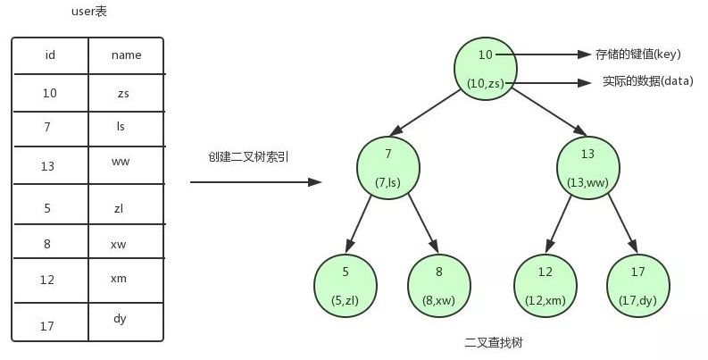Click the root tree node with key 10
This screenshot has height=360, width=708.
click(x=486, y=69)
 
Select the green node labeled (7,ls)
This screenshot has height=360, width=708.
click(x=388, y=168)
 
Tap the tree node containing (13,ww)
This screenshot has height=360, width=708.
click(x=588, y=168)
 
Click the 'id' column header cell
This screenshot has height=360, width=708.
click(x=50, y=55)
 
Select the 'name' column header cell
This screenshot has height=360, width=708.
click(x=126, y=55)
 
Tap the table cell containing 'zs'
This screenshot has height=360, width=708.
click(x=126, y=92)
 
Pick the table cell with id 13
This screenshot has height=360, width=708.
click(x=50, y=166)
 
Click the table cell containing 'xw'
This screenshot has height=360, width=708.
click(x=126, y=243)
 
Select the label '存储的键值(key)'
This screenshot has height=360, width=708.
click(x=635, y=54)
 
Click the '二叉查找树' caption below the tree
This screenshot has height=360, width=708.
click(x=491, y=342)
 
